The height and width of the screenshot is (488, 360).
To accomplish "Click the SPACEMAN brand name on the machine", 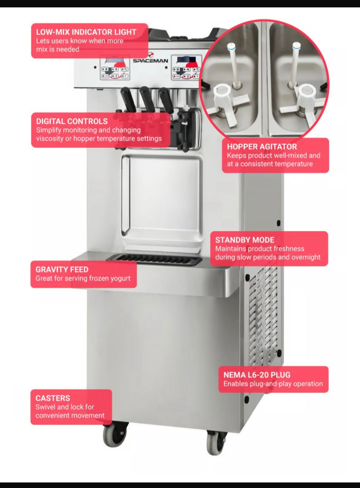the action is pyautogui.click(x=150, y=61).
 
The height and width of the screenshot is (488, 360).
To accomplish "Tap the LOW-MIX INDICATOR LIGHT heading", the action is pyautogui.click(x=86, y=32).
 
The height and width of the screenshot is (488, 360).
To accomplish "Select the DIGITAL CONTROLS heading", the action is pyautogui.click(x=72, y=121).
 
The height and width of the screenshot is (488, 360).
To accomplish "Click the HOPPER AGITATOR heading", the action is pyautogui.click(x=262, y=147).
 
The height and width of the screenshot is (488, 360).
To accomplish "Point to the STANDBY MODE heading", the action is pyautogui.click(x=245, y=240).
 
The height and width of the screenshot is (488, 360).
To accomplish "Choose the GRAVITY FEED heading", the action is pyautogui.click(x=62, y=269).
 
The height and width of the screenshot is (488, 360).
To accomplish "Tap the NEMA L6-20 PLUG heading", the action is pyautogui.click(x=257, y=375).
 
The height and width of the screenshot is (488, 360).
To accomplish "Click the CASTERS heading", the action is pyautogui.click(x=53, y=398).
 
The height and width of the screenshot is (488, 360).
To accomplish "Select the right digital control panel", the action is pyautogui.click(x=186, y=67).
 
